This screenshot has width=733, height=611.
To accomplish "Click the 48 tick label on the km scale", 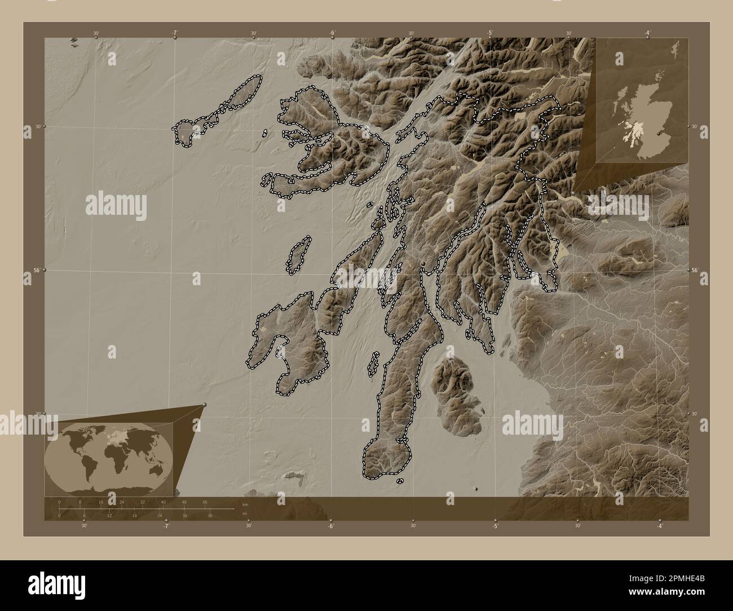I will (x=184, y=502).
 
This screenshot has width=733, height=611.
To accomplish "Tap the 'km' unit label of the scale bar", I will (x=245, y=504).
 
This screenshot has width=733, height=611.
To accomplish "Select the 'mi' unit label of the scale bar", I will (x=244, y=513).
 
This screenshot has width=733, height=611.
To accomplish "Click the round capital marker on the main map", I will (x=423, y=263).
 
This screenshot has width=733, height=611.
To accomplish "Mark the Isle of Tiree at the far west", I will (x=186, y=133).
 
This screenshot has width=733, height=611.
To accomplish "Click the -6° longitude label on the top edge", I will (x=332, y=33).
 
